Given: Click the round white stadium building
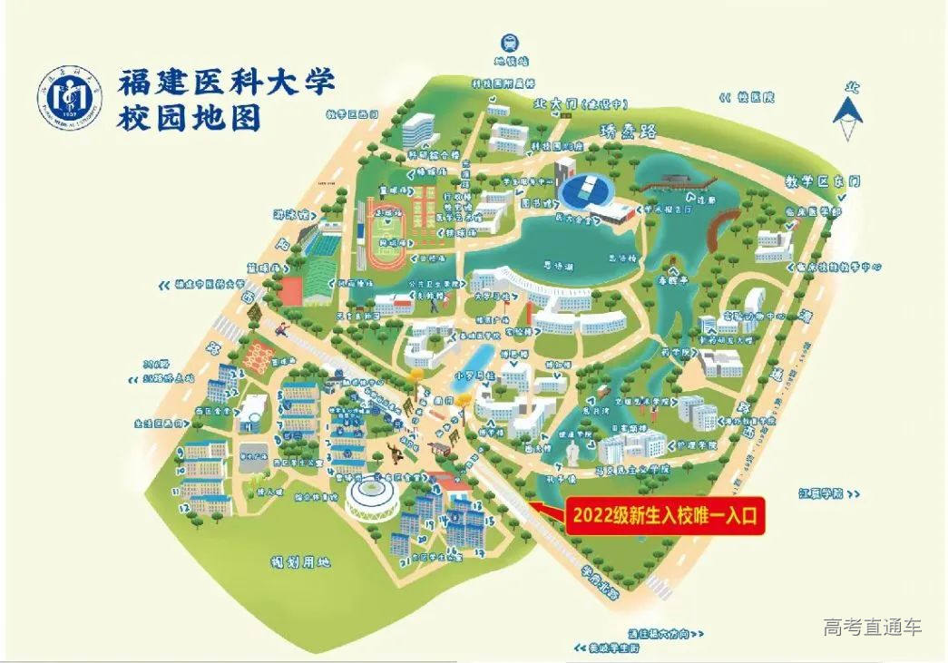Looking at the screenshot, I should [370, 497].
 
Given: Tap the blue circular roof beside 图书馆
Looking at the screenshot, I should [585, 190].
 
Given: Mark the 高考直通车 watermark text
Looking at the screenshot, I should [872, 626].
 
